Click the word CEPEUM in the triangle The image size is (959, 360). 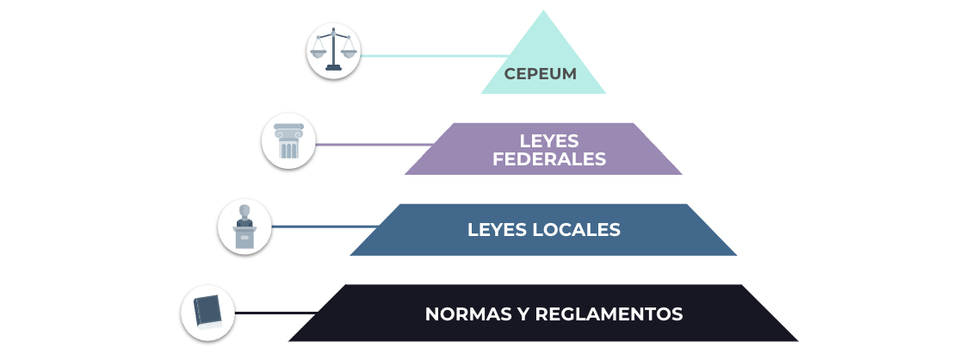[x=540, y=74]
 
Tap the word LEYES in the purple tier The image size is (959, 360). [x=549, y=141]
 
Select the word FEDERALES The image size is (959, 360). [x=549, y=159]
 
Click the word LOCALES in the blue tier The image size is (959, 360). [x=577, y=230]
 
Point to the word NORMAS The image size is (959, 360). [x=464, y=314]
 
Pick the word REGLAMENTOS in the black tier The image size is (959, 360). [x=609, y=314]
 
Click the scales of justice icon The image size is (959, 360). [x=333, y=50]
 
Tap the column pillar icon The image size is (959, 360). [x=288, y=141]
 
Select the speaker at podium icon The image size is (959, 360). [x=244, y=227]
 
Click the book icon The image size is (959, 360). [x=207, y=313]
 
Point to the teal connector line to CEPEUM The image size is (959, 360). [x=434, y=56]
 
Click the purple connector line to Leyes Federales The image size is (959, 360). [x=375, y=145]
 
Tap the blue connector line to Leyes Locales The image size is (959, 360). [x=325, y=227]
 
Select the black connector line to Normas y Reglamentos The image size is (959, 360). [x=275, y=313]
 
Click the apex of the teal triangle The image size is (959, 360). [x=543, y=10]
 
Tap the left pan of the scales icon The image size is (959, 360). [x=319, y=53]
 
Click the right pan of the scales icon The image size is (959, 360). [x=349, y=53]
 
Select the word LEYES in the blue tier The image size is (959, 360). [x=498, y=230]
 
